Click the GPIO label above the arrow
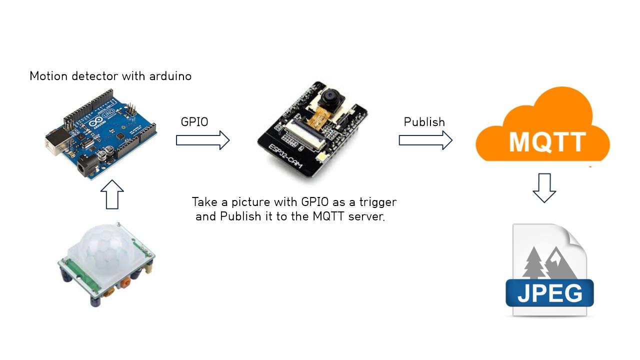coord(194,122)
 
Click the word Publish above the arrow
coord(424,122)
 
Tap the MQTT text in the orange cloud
coord(547,141)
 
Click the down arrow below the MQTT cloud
coord(544,187)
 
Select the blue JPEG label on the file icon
coord(549,293)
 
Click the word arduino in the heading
coord(170,76)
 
